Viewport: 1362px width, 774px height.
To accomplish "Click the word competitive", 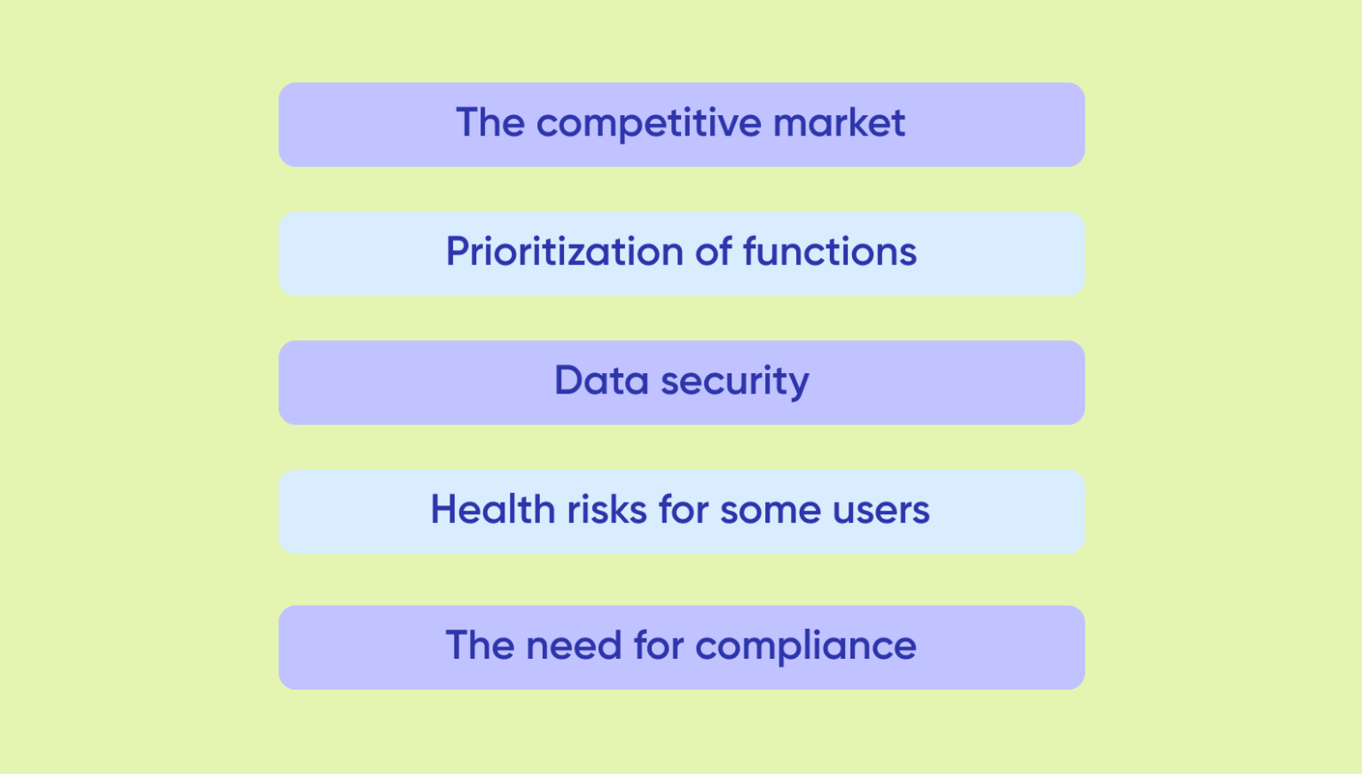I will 648,124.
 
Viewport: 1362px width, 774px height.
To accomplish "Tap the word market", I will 839,122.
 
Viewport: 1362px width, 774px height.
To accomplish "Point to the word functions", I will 829,252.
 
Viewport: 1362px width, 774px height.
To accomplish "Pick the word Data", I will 601,380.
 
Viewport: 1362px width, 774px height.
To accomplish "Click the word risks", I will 607,510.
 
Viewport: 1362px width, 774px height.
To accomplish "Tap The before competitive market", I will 490,122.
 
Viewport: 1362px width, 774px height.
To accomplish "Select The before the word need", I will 480,645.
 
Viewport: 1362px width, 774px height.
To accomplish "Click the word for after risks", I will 684,510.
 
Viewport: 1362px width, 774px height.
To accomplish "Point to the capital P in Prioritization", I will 457,252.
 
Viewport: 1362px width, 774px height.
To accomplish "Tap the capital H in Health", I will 444,510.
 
